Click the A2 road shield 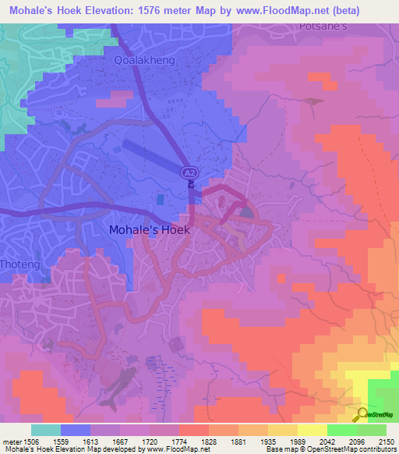[x=189, y=172]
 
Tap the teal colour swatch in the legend [x=46, y=429]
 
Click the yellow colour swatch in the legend [x=312, y=429]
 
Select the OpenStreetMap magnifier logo [x=362, y=413]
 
